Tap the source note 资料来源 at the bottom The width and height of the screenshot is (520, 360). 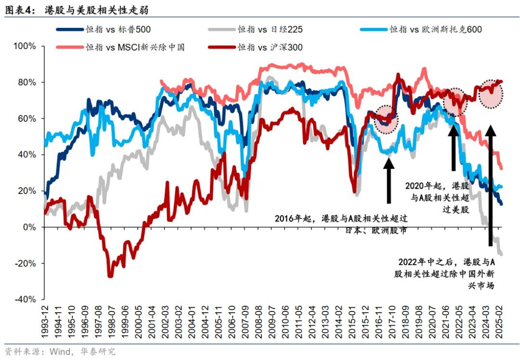(60, 352)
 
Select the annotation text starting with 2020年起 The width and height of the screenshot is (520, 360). (438, 197)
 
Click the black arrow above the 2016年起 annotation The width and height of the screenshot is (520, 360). (389, 179)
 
